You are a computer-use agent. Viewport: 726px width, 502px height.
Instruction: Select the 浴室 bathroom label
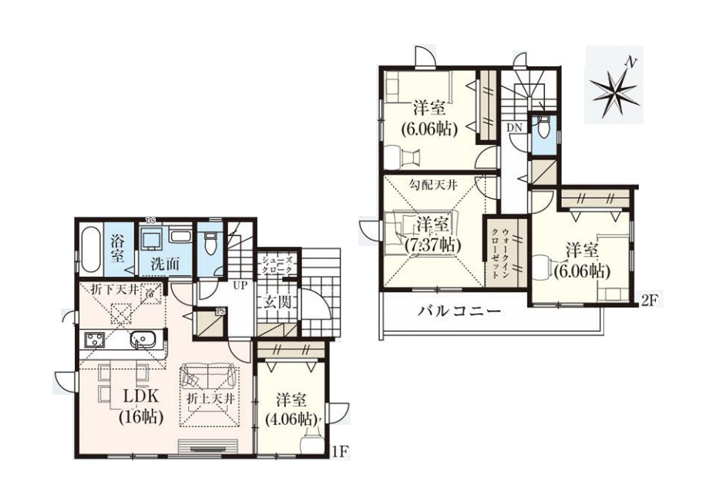119,248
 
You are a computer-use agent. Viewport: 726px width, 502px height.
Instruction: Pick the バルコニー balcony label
460,312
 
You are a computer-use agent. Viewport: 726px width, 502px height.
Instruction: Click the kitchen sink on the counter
144,338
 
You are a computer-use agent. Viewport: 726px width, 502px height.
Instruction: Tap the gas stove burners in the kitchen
96,339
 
